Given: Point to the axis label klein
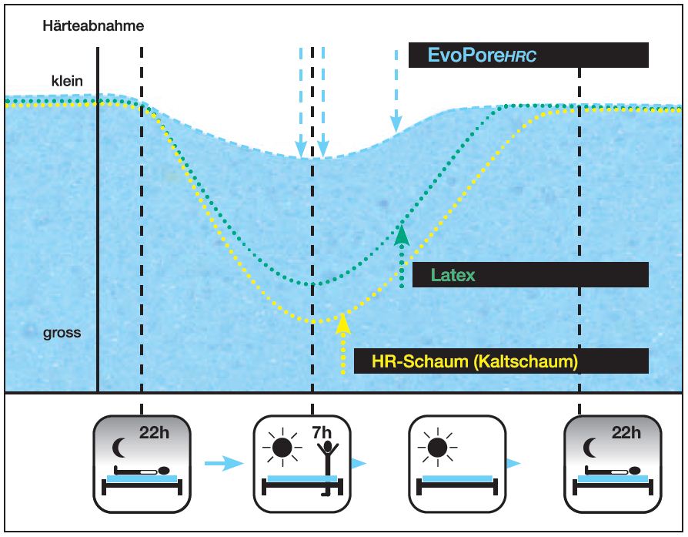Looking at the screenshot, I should pyautogui.click(x=67, y=81).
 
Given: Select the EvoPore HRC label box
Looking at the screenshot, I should pyautogui.click(x=528, y=55).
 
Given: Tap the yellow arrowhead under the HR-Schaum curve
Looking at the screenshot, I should pyautogui.click(x=343, y=323).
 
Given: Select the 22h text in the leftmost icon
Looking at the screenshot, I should pyautogui.click(x=154, y=432).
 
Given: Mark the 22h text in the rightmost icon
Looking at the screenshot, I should pyautogui.click(x=625, y=432).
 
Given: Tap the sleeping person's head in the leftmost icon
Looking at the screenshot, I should pyautogui.click(x=166, y=470).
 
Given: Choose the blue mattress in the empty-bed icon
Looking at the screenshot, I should pyautogui.click(x=453, y=479).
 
